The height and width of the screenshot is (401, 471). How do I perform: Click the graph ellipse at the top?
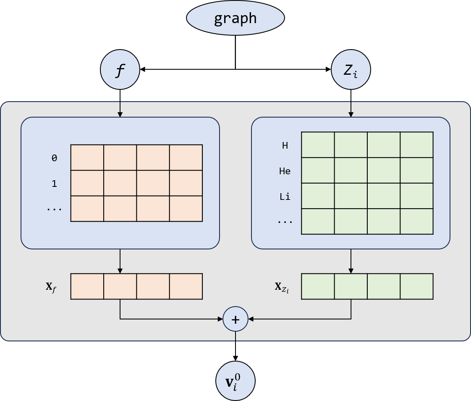point(235,18)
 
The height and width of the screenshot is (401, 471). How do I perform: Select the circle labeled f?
point(120,70)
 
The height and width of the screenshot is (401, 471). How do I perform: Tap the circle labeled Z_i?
point(351,70)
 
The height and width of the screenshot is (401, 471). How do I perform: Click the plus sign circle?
point(235,319)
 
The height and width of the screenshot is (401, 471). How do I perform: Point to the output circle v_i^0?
point(235,381)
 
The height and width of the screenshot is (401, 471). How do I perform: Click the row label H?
point(285,146)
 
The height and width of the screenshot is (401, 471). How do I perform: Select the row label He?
point(285,171)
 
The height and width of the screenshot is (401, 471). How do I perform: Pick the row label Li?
point(285,197)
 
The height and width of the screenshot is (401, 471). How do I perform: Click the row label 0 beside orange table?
point(54,158)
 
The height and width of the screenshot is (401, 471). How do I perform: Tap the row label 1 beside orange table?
point(54,183)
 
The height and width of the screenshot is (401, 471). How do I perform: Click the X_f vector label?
point(51,287)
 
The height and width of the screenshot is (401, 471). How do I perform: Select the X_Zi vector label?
point(282,287)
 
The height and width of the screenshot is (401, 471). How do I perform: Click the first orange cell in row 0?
point(87,157)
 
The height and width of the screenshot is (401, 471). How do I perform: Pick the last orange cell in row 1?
point(186,183)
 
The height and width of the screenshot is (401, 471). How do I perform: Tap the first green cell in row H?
point(318,145)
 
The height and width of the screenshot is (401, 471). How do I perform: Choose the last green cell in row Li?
point(416,196)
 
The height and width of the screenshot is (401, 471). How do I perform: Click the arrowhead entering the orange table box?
point(120,114)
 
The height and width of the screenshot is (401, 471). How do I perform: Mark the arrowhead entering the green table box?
point(351,114)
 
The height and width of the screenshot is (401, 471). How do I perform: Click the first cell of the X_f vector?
point(87,286)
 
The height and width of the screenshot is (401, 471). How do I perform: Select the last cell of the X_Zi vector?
point(416,286)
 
